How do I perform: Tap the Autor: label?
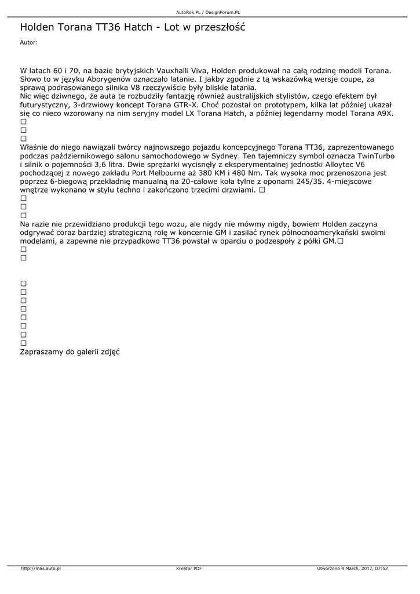[28, 42]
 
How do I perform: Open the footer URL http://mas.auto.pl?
[41, 568]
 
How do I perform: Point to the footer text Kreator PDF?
[189, 568]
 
